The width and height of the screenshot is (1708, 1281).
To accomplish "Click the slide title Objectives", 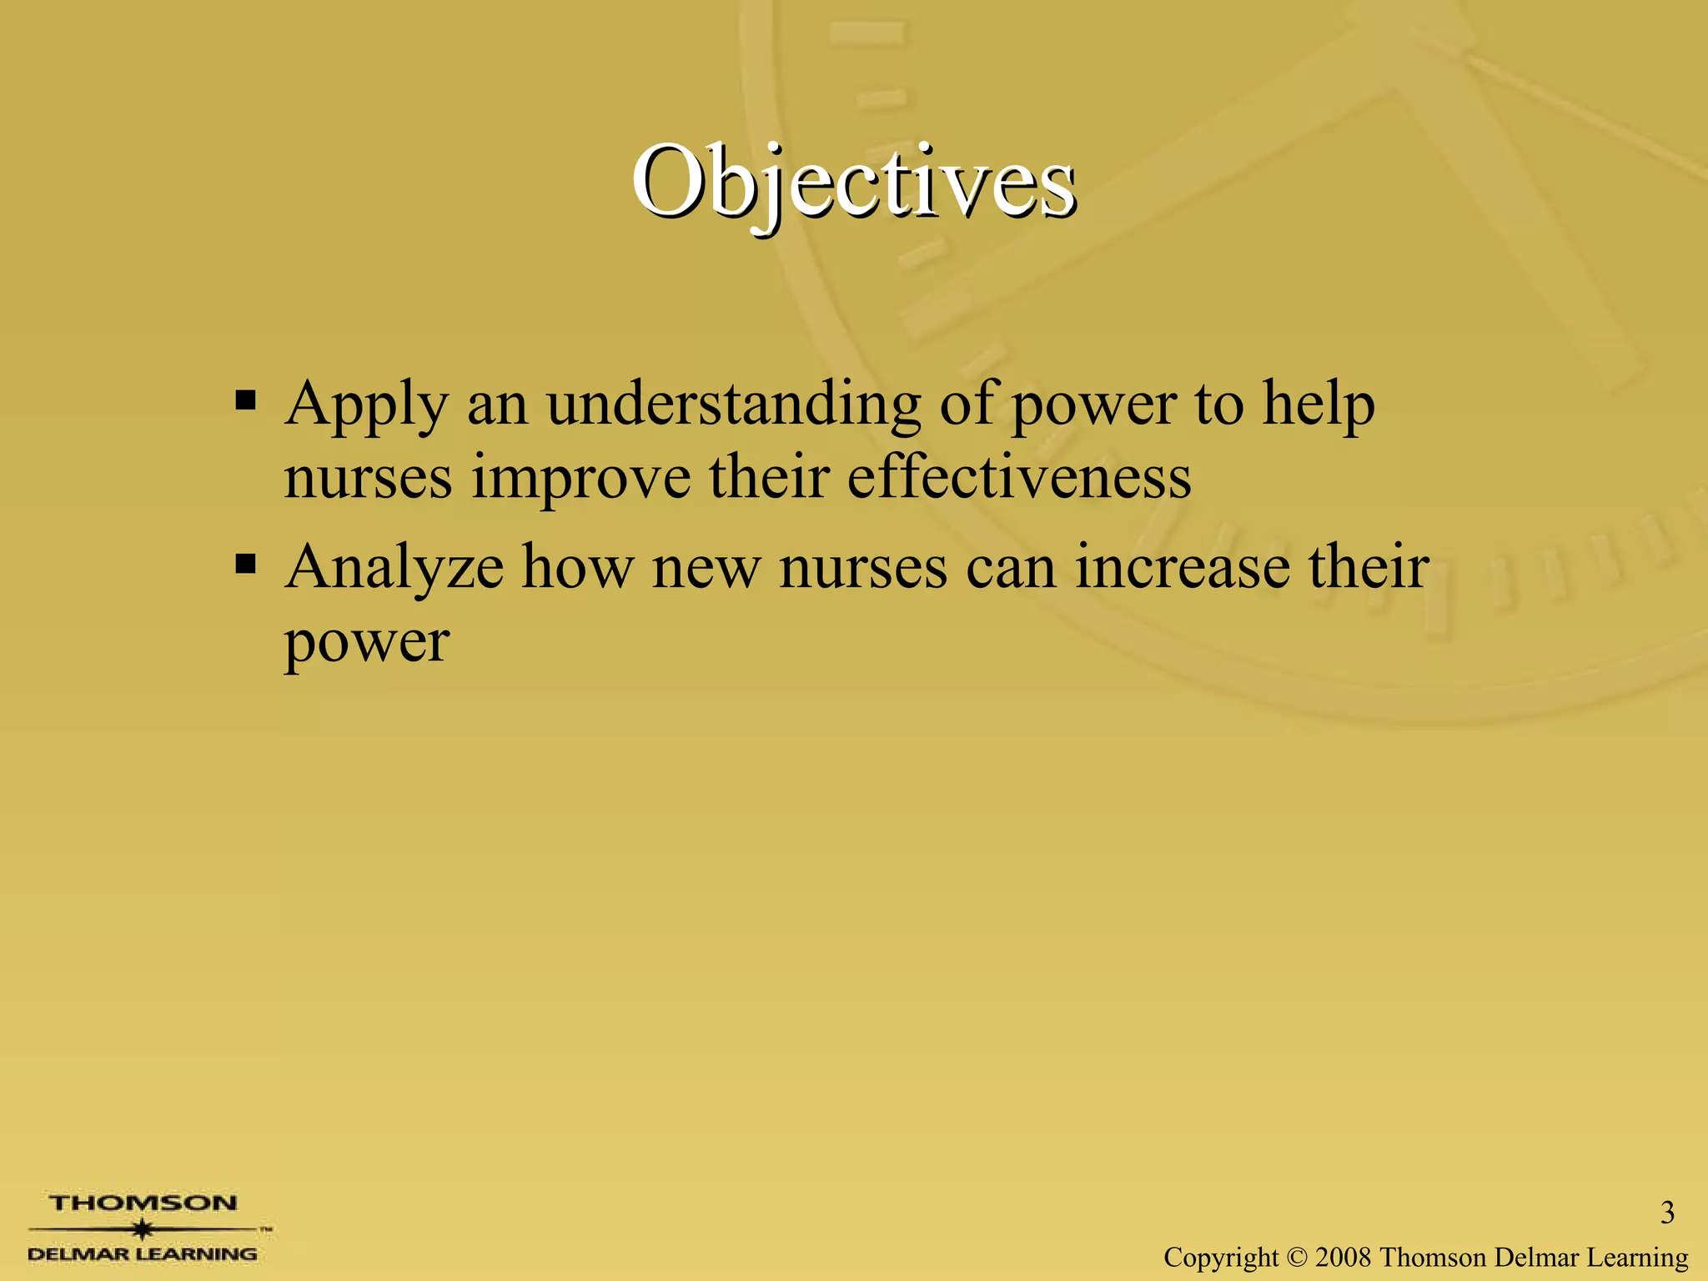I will pyautogui.click(x=852, y=182).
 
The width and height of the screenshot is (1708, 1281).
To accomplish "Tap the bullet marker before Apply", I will pyautogui.click(x=245, y=402).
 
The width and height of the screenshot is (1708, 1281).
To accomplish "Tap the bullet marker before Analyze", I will pyautogui.click(x=245, y=565).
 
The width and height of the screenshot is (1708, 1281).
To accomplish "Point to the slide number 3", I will pyautogui.click(x=1667, y=1213).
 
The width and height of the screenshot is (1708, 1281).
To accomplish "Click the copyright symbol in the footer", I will pyautogui.click(x=1296, y=1257).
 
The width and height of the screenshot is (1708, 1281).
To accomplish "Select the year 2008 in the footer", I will pyautogui.click(x=1344, y=1257).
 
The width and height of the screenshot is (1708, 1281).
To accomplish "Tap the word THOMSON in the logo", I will pyautogui.click(x=143, y=1203).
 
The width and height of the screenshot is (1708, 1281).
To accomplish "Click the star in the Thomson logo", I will pyautogui.click(x=143, y=1228).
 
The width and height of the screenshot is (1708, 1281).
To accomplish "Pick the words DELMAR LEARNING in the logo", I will pyautogui.click(x=143, y=1253).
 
